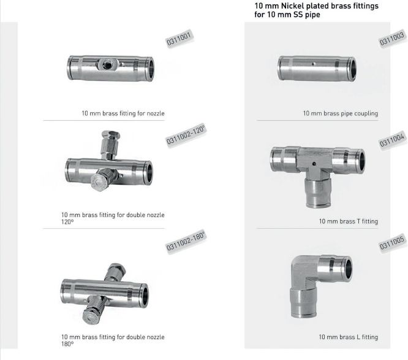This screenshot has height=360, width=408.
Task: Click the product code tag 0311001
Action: tap(179, 38)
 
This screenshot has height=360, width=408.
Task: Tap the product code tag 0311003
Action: tap(392, 38)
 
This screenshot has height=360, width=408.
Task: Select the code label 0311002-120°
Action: tap(186, 135)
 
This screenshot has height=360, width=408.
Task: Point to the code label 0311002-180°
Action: tap(186, 242)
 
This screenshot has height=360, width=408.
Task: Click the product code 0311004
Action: tap(392, 140)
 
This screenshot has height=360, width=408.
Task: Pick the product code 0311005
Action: tap(392, 243)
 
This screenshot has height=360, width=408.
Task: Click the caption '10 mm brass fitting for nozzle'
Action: tap(123, 113)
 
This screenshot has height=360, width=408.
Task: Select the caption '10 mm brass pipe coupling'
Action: tap(341, 113)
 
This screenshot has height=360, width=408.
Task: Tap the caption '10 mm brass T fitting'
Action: tap(349, 221)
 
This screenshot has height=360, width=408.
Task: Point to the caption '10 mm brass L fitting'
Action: tap(349, 337)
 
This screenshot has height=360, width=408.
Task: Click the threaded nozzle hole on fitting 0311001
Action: tap(107, 64)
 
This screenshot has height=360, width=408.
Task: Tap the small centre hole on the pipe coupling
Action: tap(314, 64)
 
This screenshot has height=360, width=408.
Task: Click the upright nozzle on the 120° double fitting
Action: tap(110, 145)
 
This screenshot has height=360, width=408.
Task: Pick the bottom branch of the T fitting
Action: tap(318, 193)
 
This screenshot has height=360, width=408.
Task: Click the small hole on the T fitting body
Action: tap(314, 164)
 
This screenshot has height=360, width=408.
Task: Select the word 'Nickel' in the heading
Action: tap(292, 6)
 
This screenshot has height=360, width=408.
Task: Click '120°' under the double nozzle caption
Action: tap(67, 222)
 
